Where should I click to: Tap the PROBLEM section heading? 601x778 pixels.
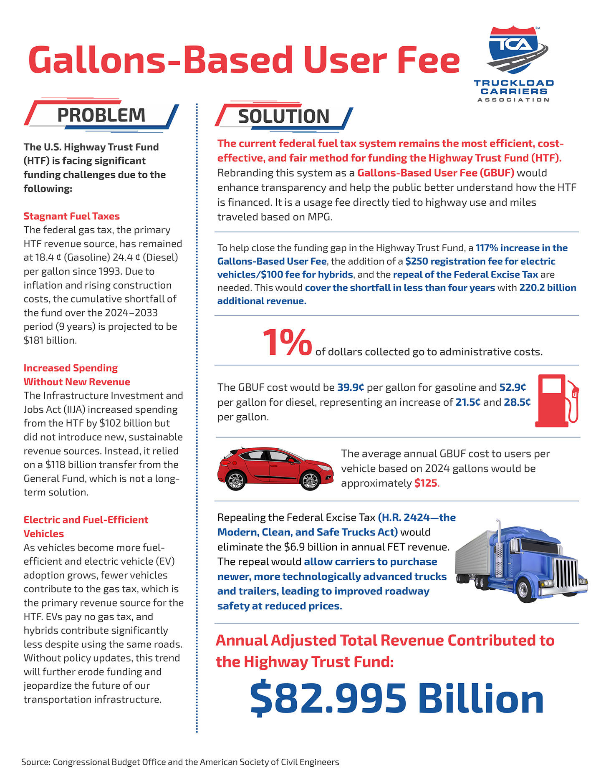coord(101,115)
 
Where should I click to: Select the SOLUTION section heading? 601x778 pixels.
coord(284,116)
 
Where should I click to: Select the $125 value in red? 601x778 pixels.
coord(426,483)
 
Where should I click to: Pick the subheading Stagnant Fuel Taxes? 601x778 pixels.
coord(71,216)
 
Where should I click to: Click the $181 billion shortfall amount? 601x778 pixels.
coord(50,341)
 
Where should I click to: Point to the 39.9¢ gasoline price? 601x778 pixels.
coord(351,388)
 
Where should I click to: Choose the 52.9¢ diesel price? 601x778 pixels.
coord(513,388)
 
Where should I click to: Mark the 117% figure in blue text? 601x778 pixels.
coord(487,248)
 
